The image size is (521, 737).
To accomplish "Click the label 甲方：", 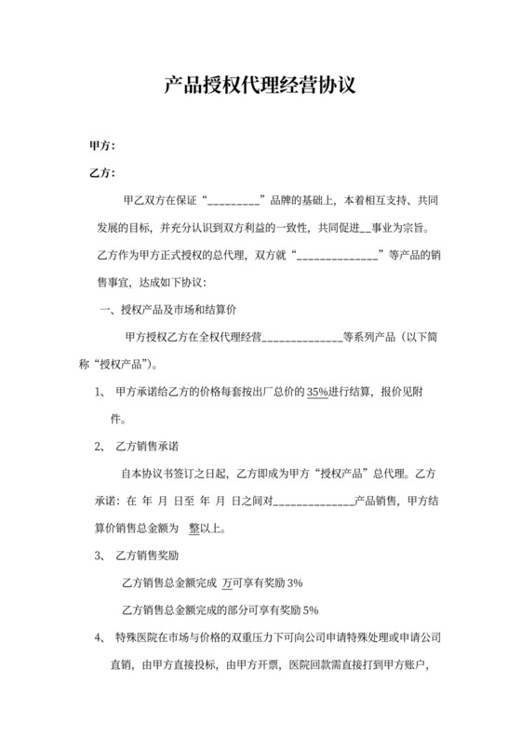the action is [101, 146].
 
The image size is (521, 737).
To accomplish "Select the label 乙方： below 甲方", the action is [101, 173].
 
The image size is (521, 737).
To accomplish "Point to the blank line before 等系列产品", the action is [303, 338].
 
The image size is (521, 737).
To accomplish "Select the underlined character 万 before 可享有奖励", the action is [227, 583].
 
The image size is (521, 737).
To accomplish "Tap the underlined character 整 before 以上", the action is [194, 529].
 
